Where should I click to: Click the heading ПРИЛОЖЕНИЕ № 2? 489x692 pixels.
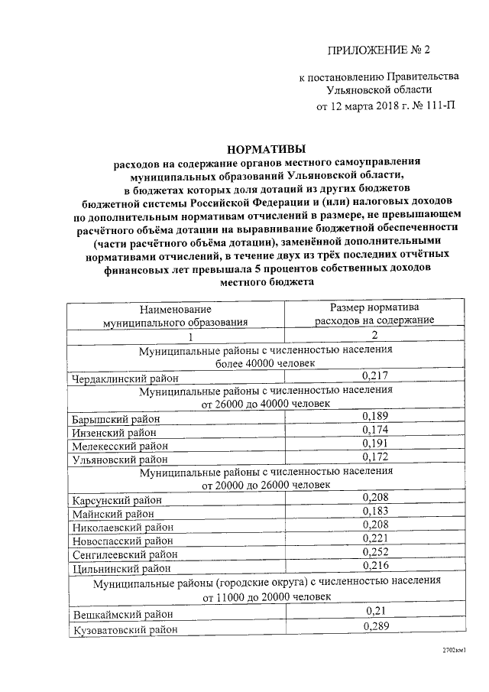point(379,51)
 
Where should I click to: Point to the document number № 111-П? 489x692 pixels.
point(436,106)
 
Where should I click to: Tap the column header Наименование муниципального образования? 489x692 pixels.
point(176,316)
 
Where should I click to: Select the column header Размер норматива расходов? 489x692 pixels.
point(374,314)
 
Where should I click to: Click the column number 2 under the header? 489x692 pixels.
point(374,336)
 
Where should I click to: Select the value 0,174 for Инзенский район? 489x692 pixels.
point(374,430)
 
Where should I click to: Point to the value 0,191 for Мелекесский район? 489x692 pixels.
point(374,444)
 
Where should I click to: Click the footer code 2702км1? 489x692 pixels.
point(454,650)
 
